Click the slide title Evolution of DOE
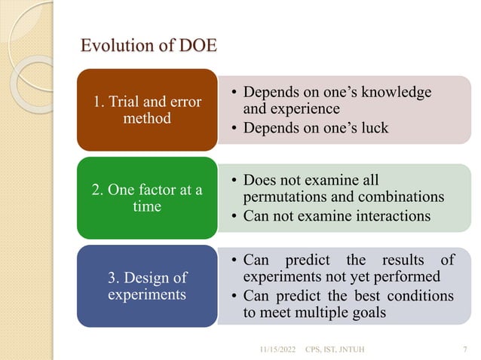(149, 46)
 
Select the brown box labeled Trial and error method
(147, 110)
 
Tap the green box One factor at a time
(147, 198)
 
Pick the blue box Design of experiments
(147, 286)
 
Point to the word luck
(372, 127)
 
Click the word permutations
(284, 198)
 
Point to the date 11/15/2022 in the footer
(277, 349)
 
